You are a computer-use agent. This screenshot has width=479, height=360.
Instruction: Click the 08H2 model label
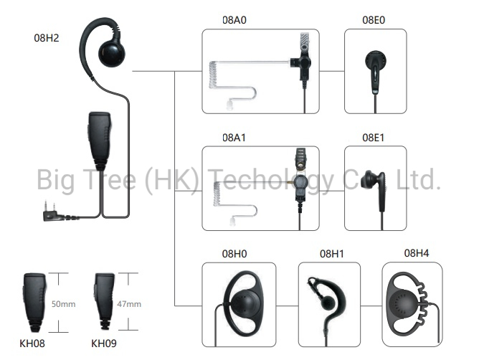pos(47,38)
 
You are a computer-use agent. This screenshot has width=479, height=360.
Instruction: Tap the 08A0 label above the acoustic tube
pos(234,20)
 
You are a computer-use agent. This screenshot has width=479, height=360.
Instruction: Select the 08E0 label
pos(374,20)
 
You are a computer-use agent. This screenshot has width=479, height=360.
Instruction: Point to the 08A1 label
pos(234,138)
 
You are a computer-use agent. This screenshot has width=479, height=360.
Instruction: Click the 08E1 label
pos(373,138)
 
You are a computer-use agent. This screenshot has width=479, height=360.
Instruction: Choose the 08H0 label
pos(234,254)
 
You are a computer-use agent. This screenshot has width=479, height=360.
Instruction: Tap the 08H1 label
pos(332,254)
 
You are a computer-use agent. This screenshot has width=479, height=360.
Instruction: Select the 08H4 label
pos(417,253)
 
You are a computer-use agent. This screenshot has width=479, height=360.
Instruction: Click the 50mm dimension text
pos(63,304)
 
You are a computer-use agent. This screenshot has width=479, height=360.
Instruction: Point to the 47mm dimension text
pos(129,304)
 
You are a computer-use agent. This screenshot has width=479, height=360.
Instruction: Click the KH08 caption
pos(32,344)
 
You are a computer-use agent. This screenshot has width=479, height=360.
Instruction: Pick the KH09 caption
pos(104,344)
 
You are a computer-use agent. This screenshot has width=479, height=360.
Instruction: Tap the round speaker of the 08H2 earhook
pos(112,55)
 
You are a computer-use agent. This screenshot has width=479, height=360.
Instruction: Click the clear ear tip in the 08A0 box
pos(229,105)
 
